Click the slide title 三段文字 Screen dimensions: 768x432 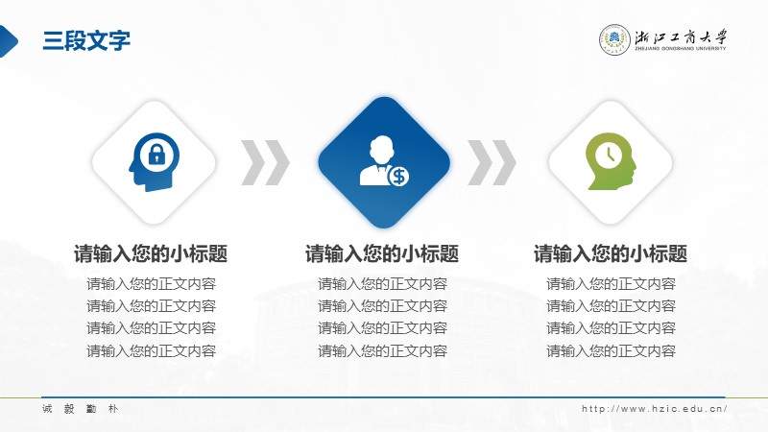point(86,40)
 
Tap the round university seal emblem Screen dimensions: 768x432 point(614,39)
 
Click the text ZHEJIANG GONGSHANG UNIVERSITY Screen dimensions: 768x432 point(681,49)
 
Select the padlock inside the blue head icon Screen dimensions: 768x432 point(156,156)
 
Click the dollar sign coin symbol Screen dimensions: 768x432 point(398,177)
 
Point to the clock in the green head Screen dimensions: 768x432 point(609,156)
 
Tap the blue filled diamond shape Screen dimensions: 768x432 point(384,162)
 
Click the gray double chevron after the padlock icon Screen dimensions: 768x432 point(266,162)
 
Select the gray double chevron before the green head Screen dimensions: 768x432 point(492,162)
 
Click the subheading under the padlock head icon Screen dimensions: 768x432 point(151,253)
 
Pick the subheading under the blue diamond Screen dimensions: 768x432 point(382,253)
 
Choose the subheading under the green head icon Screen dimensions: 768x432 point(611,253)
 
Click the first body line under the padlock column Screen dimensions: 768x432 point(152,283)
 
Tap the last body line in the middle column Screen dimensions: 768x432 point(382,350)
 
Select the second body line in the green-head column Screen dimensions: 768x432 point(611,306)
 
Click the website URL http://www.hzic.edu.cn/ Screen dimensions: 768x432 point(655,409)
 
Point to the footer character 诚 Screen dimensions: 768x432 point(47,409)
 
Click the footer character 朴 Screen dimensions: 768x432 point(113,409)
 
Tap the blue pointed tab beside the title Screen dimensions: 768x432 point(9,41)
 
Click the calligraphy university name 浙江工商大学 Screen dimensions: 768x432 point(681,37)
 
